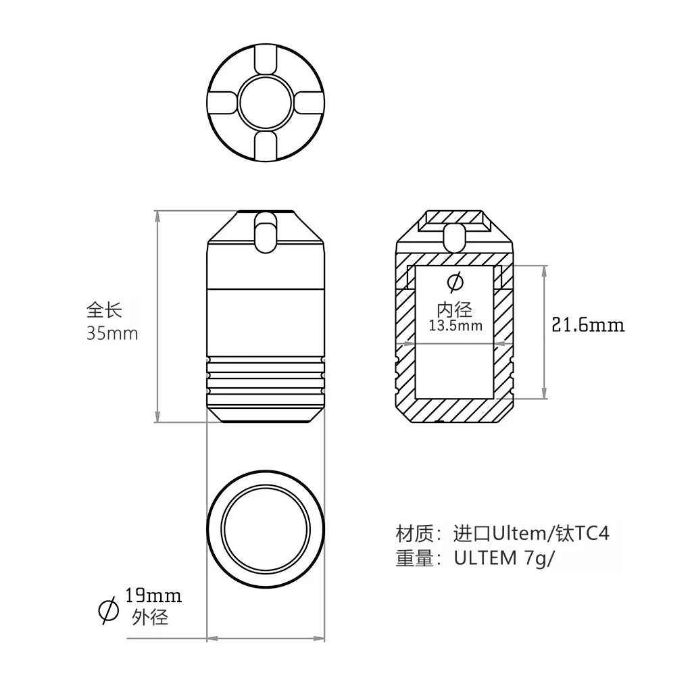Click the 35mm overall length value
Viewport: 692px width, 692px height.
coord(112,333)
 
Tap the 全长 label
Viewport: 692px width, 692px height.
coord(104,310)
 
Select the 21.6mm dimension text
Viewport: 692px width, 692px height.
coord(589,325)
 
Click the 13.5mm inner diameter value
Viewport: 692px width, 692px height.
coord(455,326)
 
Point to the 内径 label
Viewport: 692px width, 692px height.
coord(455,310)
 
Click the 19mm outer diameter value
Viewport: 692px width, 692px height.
coord(153,596)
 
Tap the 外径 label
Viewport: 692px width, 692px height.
coord(150,617)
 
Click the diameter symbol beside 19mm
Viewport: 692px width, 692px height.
coord(109,610)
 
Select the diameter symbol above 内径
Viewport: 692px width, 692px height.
coord(455,282)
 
